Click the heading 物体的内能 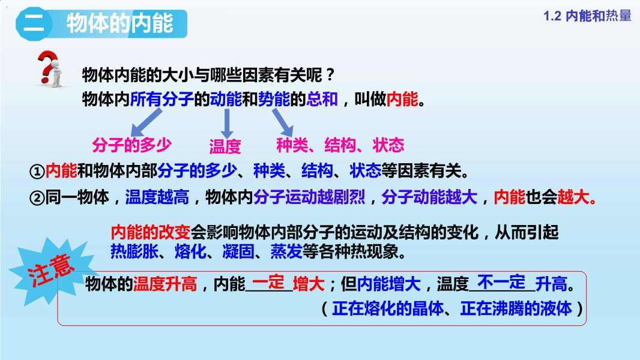pos(120,23)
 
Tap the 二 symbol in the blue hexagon pos(34,23)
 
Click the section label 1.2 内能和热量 pos(587,16)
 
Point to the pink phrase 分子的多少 pos(132,145)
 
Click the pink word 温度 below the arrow pos(225,146)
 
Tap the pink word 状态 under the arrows pos(388,145)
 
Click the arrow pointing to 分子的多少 pos(145,123)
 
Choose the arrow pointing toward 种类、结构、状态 pos(283,122)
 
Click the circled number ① pos(37,171)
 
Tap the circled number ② pos(37,198)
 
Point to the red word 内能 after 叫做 pos(402,99)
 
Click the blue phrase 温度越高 pos(157,197)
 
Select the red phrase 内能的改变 pos(151,232)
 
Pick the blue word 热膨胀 pos(134,251)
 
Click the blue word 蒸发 pos(286,251)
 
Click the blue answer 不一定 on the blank pos(501,282)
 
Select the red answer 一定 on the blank pos(268,282)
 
